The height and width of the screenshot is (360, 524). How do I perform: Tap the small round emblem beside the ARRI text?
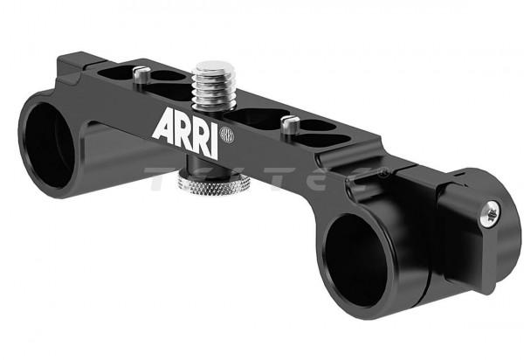pos(226,135)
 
